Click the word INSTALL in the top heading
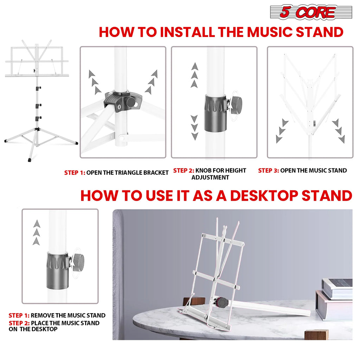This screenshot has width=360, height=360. [x=187, y=32]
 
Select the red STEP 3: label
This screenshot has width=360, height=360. [x=269, y=171]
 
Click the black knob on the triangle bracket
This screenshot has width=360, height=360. [x=130, y=103]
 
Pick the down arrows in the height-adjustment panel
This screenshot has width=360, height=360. [x=194, y=127]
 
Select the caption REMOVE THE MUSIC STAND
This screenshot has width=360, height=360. [x=68, y=315]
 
